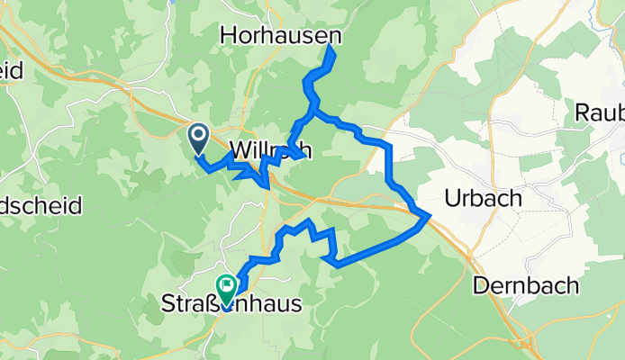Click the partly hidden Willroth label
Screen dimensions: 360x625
(x=271, y=150)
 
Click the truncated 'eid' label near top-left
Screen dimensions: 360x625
(x=16, y=70)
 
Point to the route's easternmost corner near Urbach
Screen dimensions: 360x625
(x=428, y=214)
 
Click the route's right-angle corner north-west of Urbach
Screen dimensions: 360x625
(x=389, y=145)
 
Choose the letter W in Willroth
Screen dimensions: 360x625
(x=241, y=150)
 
